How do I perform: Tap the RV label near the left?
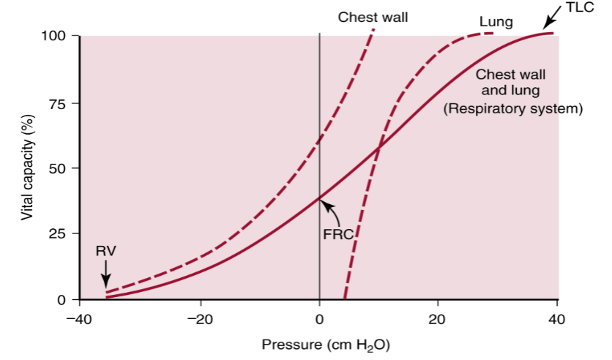point(105,250)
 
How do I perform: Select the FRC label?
point(338,235)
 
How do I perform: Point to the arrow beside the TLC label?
point(556,21)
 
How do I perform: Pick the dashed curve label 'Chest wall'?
point(373,17)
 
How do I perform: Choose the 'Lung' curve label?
point(496,22)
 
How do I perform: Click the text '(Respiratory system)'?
point(512,109)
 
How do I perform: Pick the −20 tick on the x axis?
point(198,319)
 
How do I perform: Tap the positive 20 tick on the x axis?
point(438,319)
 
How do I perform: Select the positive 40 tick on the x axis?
point(557,319)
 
